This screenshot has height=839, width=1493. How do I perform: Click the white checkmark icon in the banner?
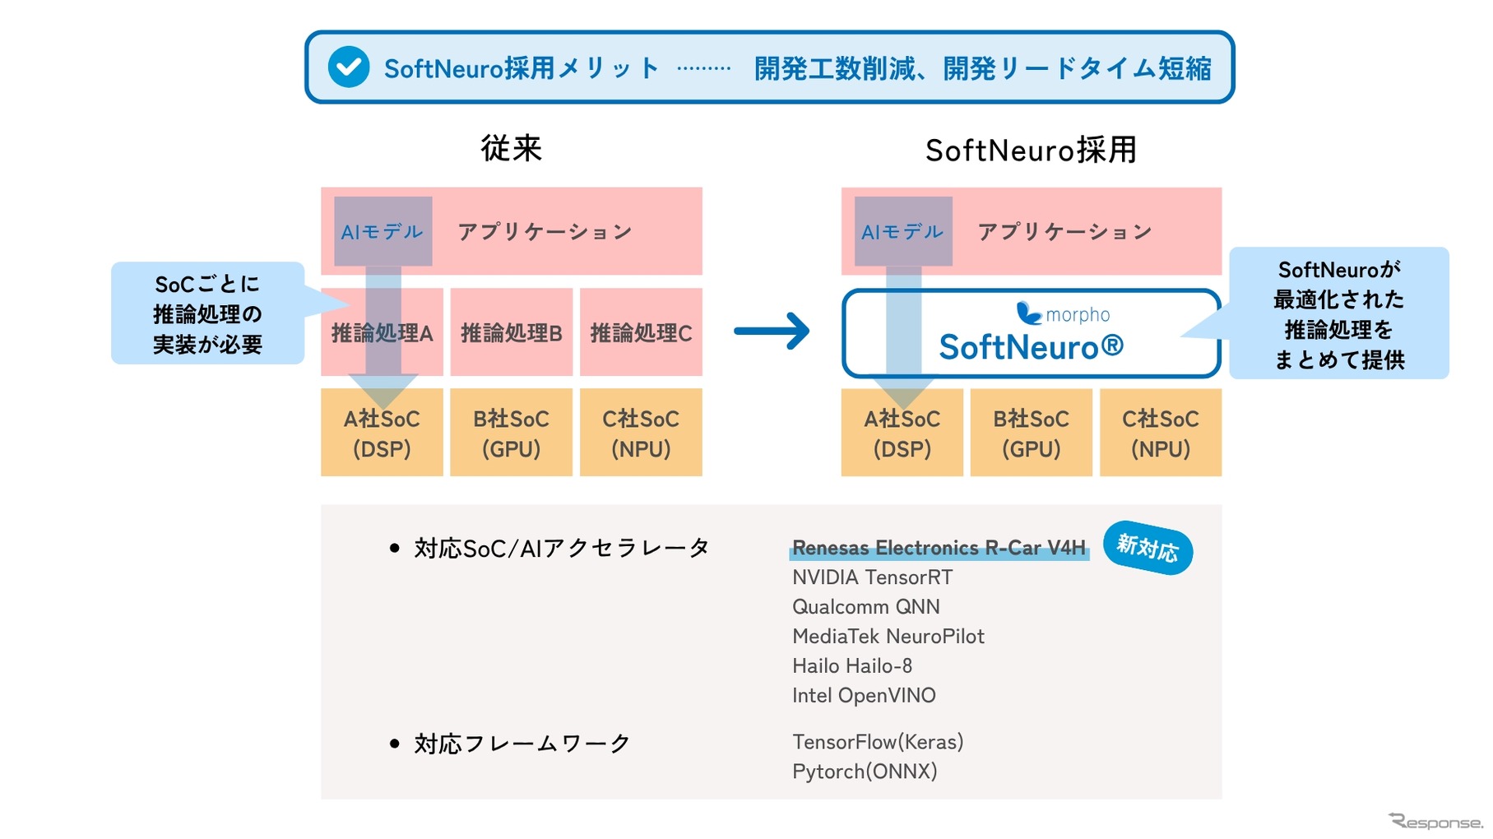(348, 67)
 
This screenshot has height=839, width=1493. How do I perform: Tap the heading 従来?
(511, 148)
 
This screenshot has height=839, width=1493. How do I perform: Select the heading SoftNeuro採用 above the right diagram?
(1031, 150)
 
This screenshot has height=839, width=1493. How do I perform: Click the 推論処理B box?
(511, 332)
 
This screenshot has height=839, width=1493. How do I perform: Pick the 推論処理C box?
(641, 332)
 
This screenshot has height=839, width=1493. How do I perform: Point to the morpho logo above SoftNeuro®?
(1063, 314)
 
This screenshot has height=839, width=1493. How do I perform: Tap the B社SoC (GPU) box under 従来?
(511, 433)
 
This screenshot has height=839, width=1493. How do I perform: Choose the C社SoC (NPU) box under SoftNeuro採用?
(1160, 433)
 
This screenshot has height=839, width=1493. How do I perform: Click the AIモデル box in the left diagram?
(383, 231)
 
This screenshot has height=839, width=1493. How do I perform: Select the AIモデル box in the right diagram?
(902, 231)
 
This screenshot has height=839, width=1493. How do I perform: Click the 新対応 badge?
(1148, 547)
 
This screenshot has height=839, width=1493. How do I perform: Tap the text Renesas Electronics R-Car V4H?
(939, 548)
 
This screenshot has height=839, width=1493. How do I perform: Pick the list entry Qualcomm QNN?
(865, 607)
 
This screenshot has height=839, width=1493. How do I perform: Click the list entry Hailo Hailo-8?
(852, 666)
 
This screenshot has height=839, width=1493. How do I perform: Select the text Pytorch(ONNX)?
(865, 772)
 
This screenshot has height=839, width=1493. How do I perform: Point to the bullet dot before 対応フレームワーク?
(394, 744)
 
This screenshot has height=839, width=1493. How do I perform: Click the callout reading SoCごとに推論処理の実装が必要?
(207, 313)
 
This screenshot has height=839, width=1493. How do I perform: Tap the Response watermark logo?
(1435, 821)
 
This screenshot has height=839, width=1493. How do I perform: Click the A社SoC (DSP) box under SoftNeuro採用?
(902, 433)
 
